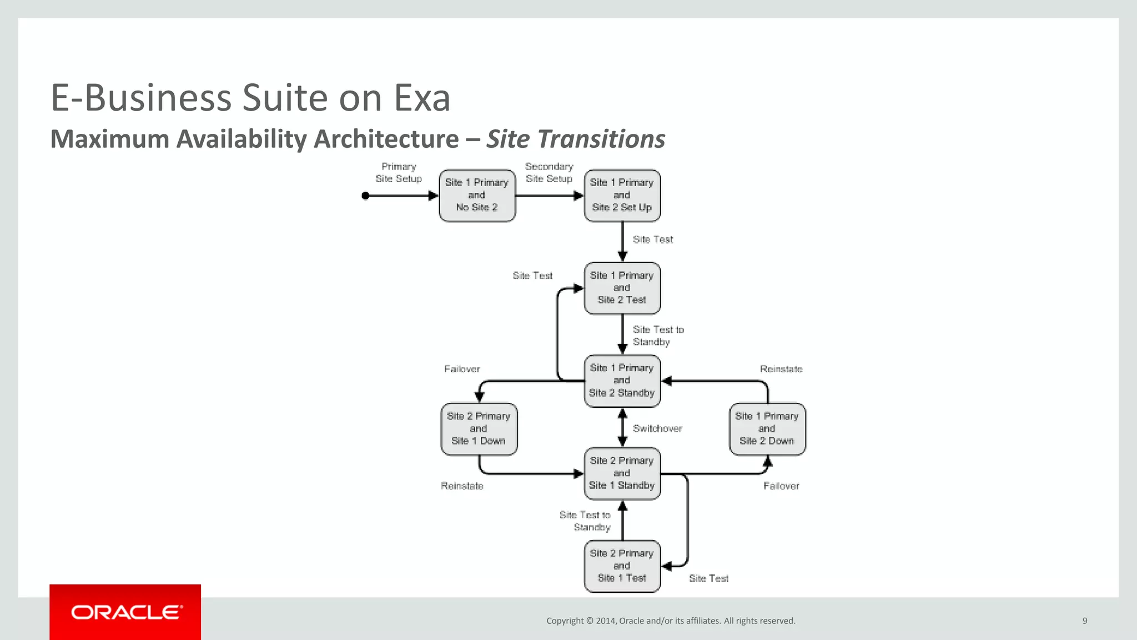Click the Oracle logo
[125, 612]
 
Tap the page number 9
[1085, 621]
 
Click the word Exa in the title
[422, 98]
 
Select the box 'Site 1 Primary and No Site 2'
[477, 196]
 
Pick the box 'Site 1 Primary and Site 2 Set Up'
[622, 196]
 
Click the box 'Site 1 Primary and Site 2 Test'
[622, 288]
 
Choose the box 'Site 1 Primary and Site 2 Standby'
[622, 381]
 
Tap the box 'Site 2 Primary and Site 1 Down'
[479, 429]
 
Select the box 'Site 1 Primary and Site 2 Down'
[767, 429]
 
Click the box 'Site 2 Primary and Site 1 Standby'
[622, 473]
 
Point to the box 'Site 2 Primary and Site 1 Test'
[622, 566]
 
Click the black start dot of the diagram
[365, 196]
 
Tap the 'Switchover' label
[657, 428]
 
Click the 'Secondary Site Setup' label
[549, 173]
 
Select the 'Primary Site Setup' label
[399, 173]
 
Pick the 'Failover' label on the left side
[462, 369]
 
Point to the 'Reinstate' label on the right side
[781, 369]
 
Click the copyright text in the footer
[671, 621]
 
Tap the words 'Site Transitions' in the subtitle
[576, 139]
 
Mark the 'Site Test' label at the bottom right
[708, 578]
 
